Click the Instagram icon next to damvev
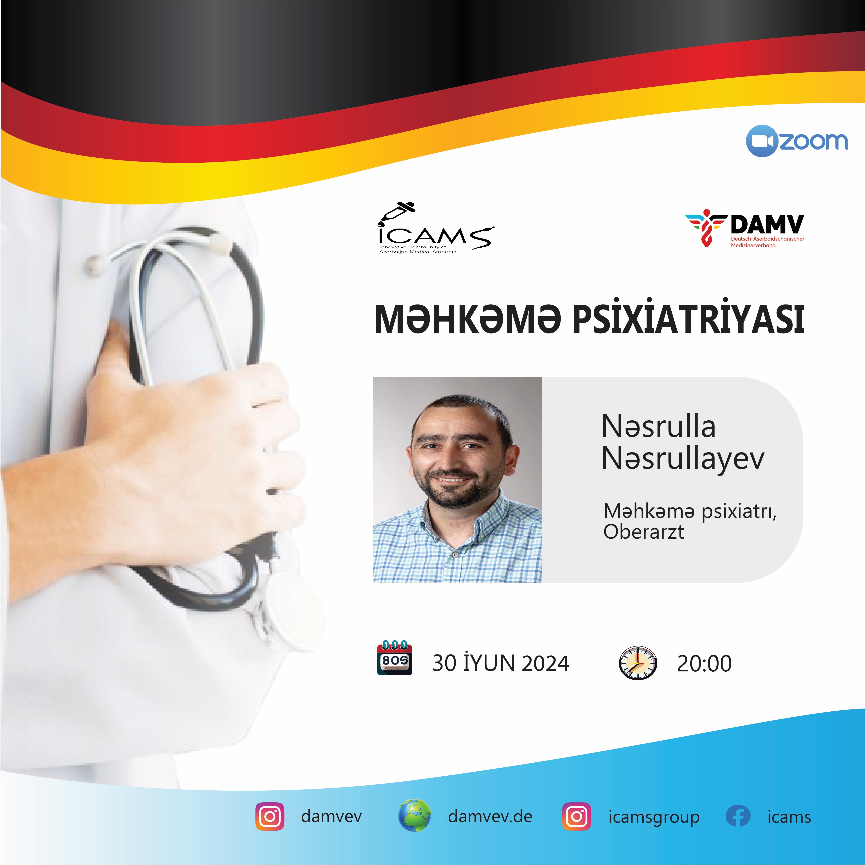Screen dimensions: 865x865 tap(269, 817)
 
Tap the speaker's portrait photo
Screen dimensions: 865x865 tap(457, 480)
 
